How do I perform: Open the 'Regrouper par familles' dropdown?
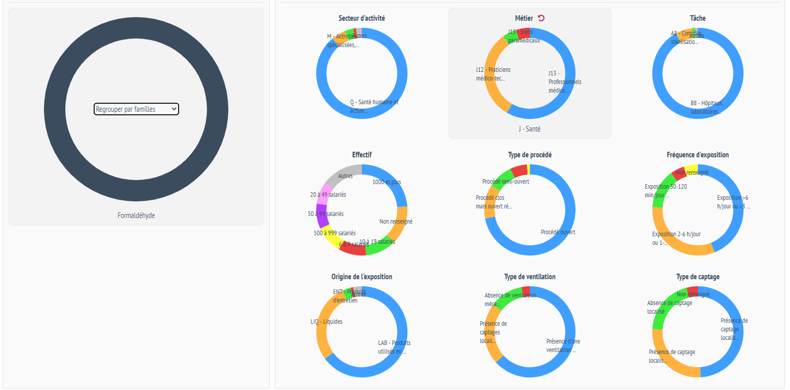click(x=136, y=109)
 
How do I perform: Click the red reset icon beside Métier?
click(x=541, y=18)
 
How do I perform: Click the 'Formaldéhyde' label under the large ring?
click(x=136, y=215)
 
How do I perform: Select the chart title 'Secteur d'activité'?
click(x=362, y=18)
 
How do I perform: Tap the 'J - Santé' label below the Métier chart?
click(x=529, y=129)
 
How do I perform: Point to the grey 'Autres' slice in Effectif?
click(x=342, y=172)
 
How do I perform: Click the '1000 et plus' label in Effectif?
click(x=386, y=182)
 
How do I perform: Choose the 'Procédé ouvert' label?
click(x=558, y=232)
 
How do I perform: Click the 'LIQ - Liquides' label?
click(x=326, y=322)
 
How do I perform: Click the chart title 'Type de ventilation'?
click(x=530, y=277)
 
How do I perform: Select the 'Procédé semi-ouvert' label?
click(x=506, y=182)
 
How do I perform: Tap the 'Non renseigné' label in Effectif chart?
click(x=396, y=222)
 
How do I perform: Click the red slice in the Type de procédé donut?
click(x=519, y=170)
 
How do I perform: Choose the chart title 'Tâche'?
click(x=697, y=18)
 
